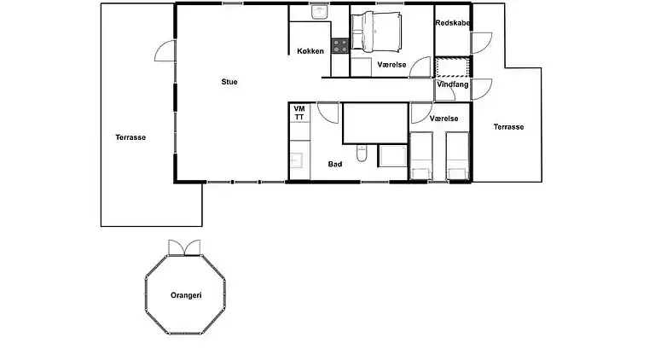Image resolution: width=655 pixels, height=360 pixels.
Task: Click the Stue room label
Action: (x=229, y=82)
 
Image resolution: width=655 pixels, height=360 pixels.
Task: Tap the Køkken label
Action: (x=310, y=52)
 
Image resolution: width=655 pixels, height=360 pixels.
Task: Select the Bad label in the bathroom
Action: (x=335, y=164)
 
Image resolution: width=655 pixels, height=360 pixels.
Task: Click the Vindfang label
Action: (x=452, y=85)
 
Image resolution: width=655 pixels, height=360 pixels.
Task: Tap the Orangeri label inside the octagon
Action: (x=186, y=295)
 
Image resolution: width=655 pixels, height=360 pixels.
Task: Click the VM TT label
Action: (x=299, y=113)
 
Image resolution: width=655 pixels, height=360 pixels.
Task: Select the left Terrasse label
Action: (x=130, y=136)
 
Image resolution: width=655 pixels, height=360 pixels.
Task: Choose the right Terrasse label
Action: (x=508, y=127)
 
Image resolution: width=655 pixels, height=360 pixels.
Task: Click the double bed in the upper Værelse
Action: (x=378, y=31)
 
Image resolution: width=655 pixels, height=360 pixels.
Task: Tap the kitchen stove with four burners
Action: (x=340, y=45)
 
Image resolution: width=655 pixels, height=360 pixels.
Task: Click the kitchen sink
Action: (x=320, y=13)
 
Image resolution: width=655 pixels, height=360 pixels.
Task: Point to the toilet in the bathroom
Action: (x=362, y=155)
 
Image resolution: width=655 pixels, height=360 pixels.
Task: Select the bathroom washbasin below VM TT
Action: (x=299, y=160)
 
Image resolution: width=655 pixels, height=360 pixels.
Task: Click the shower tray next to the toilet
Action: (x=392, y=156)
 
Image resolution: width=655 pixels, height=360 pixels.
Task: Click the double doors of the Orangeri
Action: (x=186, y=247)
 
